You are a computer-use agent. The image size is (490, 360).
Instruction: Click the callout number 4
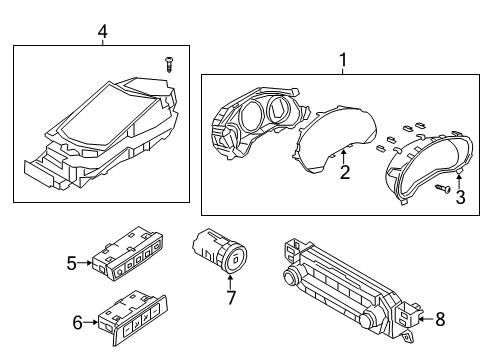[103, 32]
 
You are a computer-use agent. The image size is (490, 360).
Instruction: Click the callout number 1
[343, 60]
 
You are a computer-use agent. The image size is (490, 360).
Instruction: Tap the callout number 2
[345, 172]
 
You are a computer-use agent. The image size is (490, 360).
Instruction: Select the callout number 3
[460, 197]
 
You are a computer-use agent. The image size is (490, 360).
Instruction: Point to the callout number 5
[72, 263]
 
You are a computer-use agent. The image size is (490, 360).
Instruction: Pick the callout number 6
[77, 323]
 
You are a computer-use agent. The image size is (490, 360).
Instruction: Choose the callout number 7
[231, 298]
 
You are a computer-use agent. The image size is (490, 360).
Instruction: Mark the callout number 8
[440, 319]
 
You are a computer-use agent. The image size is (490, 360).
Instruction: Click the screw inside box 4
[169, 65]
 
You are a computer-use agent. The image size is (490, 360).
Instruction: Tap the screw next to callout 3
[443, 189]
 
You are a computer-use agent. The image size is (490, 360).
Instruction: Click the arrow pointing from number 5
[85, 263]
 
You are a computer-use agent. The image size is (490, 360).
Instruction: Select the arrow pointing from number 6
[90, 322]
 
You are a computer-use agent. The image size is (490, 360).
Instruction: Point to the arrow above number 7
[230, 282]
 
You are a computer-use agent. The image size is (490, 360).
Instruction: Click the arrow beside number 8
[426, 319]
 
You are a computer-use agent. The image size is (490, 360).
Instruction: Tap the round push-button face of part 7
[235, 259]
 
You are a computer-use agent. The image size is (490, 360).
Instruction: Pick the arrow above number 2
[344, 157]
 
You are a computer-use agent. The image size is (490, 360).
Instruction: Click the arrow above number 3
[459, 181]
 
